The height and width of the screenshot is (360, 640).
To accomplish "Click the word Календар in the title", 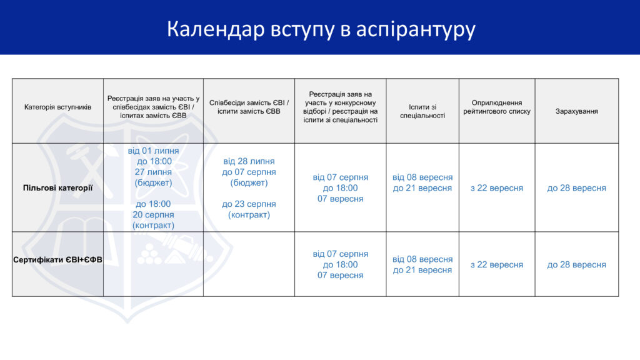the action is point(216,29).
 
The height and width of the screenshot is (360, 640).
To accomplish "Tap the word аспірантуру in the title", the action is point(416,30).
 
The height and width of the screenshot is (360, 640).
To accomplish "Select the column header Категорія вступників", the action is point(57,107).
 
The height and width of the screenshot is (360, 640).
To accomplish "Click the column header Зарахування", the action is point(576,111).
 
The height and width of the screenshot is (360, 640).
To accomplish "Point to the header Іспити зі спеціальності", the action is point(422,111).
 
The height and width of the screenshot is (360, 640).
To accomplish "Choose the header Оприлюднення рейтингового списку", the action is point(497,107).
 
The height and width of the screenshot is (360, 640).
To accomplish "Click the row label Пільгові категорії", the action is point(57,187).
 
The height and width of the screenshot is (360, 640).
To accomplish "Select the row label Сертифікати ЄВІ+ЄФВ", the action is point(57,259).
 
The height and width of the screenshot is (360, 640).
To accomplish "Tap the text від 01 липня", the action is point(153,151).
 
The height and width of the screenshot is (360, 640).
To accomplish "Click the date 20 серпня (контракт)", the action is point(153,220).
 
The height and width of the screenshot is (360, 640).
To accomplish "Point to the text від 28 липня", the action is point(249,161).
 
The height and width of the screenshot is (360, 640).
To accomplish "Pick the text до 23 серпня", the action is point(249,204).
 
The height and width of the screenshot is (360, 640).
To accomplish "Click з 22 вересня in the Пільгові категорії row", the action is point(497,188).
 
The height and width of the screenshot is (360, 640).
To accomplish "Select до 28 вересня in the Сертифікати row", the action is point(576,264).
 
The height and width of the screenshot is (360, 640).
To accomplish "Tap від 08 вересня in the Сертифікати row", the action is point(422,259).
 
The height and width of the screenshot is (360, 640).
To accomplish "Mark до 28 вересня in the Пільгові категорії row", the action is point(576,188).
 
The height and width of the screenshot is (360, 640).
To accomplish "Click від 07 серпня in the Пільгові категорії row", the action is point(341,177).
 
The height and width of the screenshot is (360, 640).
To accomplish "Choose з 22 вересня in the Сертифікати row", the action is point(497,264).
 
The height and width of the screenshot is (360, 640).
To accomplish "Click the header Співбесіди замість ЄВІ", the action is point(249,103).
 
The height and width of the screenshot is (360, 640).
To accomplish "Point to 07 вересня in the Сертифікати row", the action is point(341,275).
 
